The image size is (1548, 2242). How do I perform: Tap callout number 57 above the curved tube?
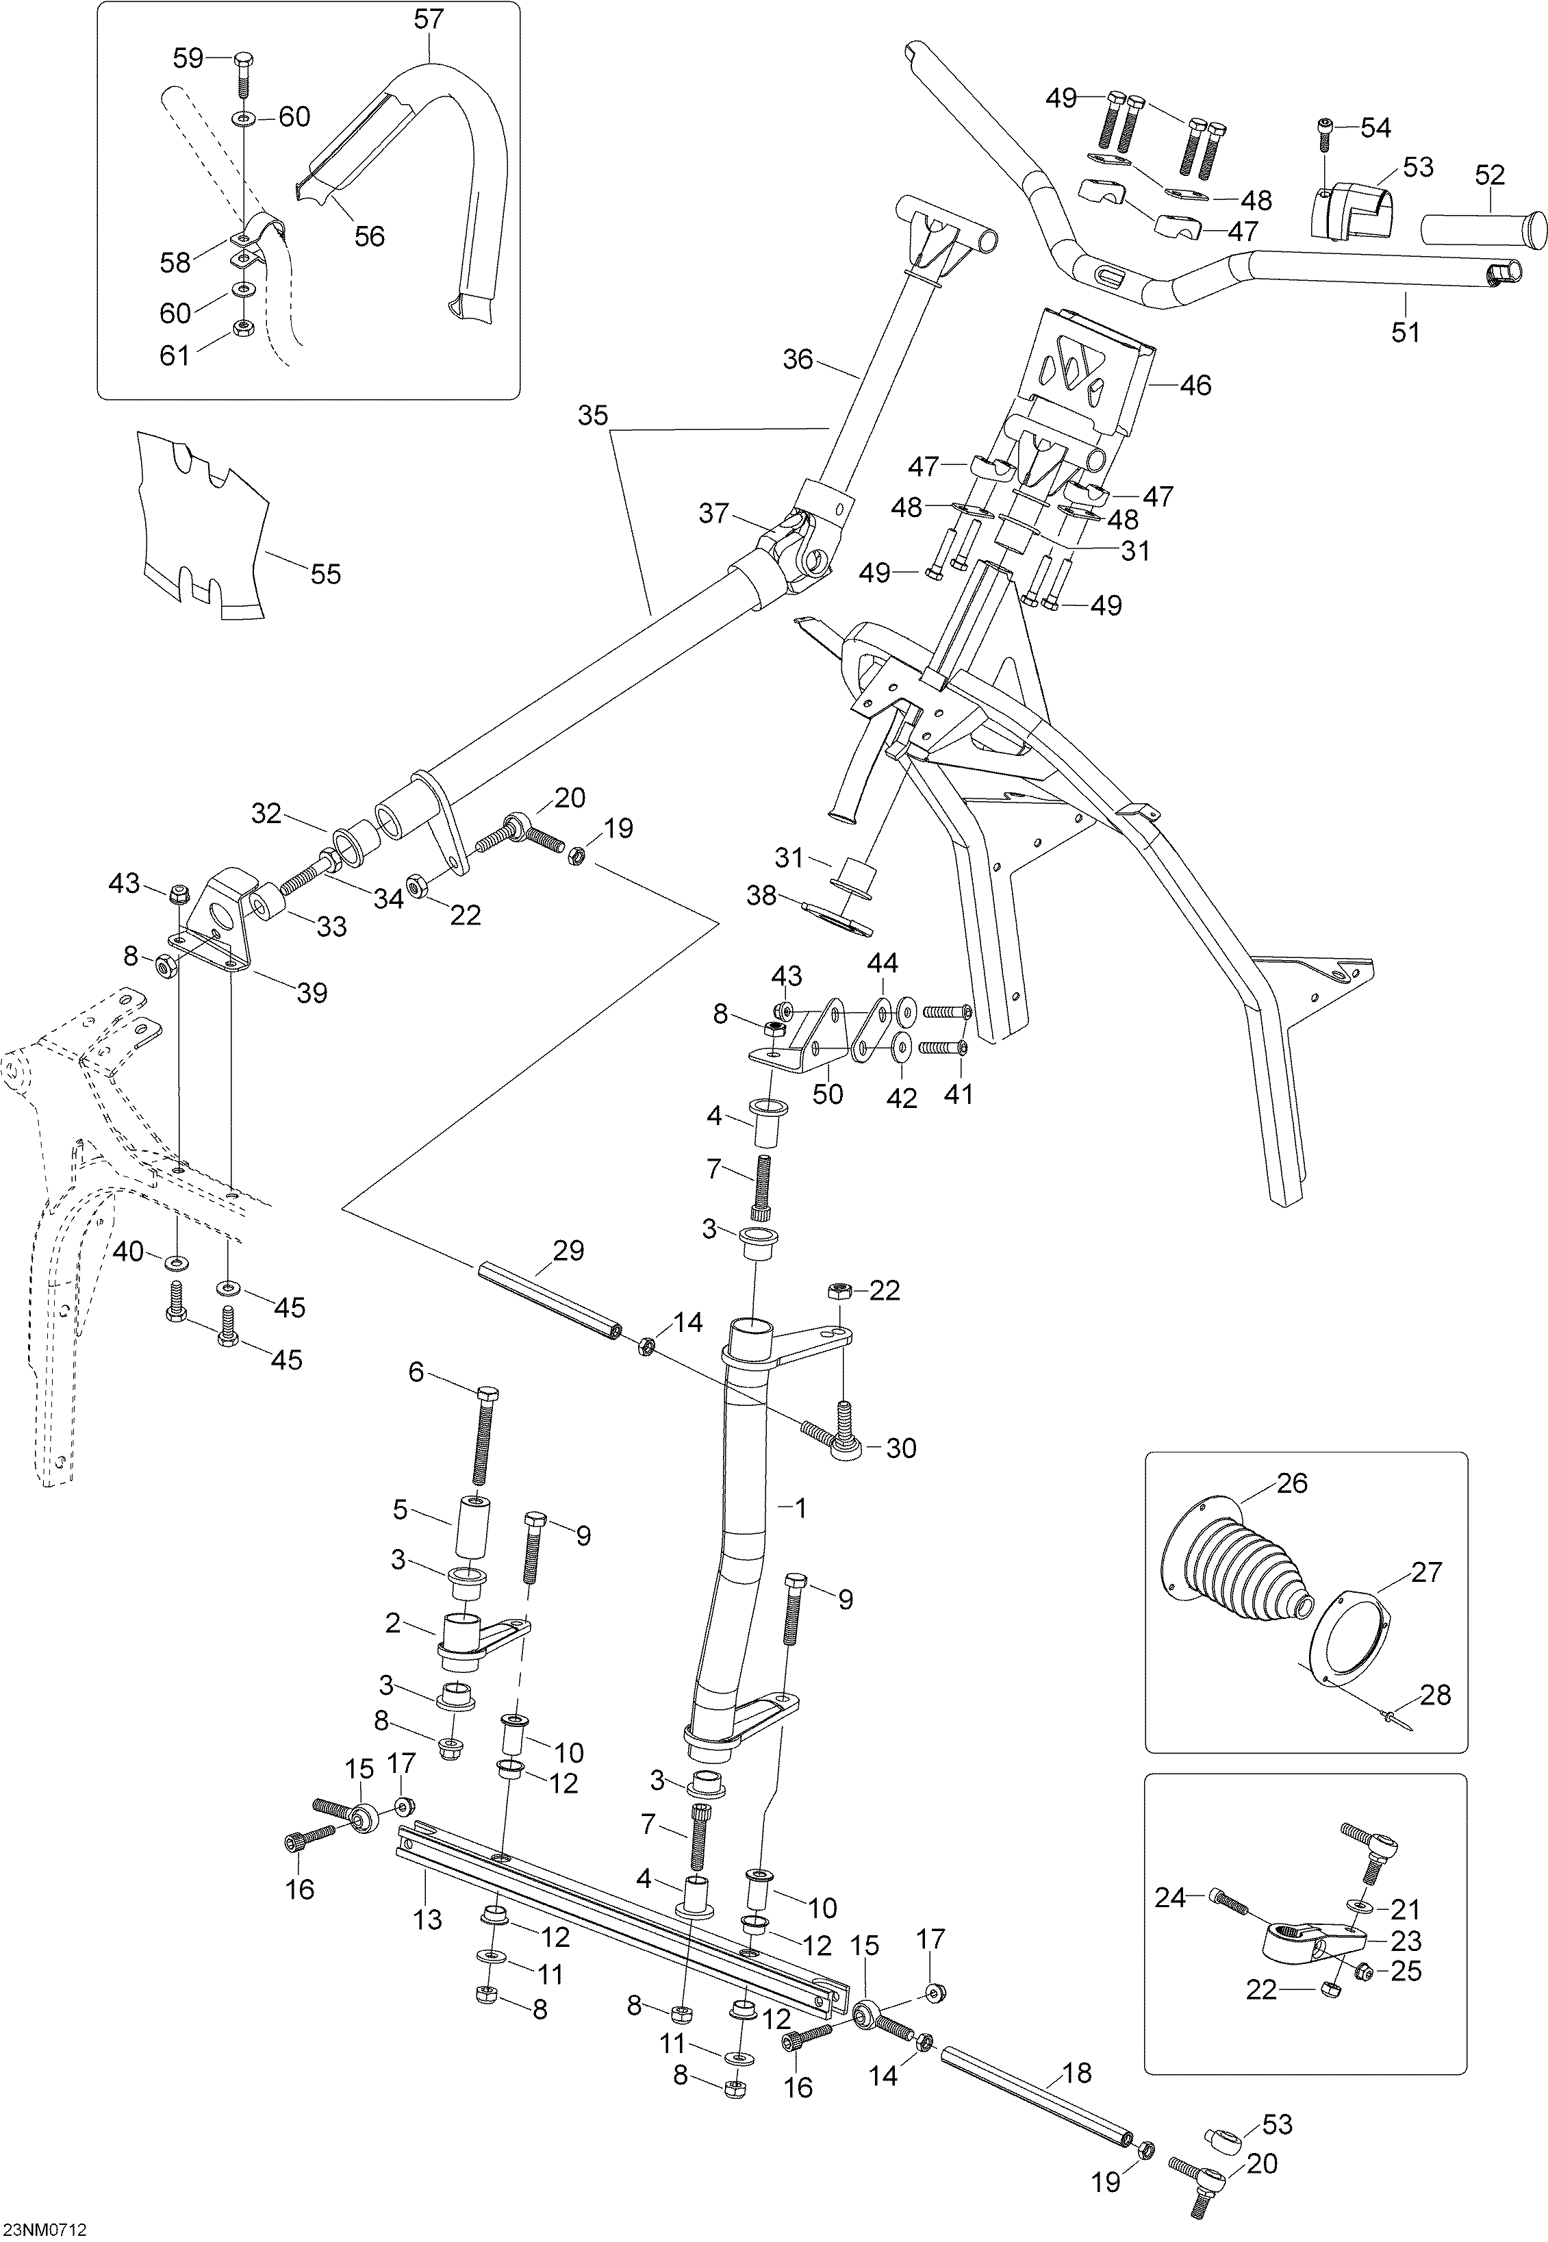tap(429, 19)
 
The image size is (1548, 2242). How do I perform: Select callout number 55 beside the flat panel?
tap(326, 575)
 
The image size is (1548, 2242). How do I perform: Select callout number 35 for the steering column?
tap(593, 416)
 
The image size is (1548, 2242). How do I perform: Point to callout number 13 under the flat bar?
tap(428, 1920)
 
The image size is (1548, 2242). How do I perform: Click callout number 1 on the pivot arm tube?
tap(800, 1508)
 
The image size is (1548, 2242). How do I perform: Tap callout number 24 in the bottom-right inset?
tap(1171, 1897)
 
